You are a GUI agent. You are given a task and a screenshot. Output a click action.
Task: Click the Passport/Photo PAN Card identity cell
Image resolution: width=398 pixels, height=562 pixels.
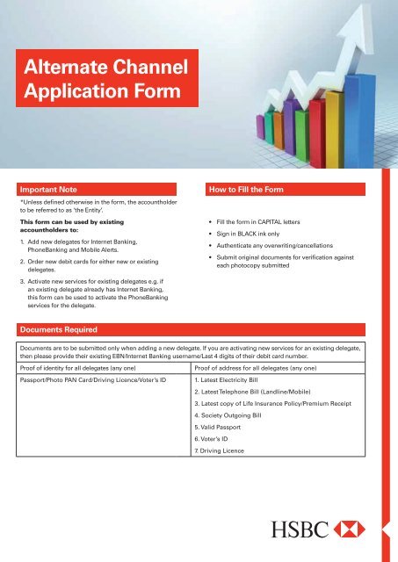click(x=94, y=381)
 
